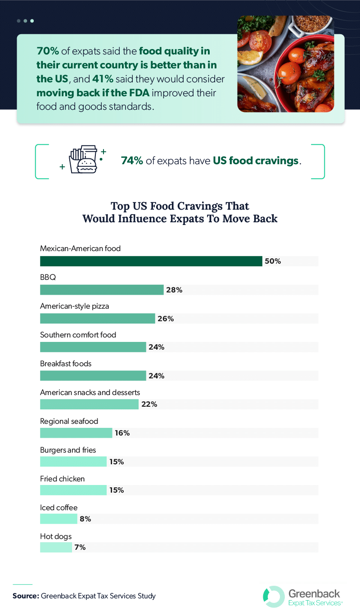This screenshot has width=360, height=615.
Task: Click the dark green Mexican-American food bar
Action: pyautogui.click(x=151, y=261)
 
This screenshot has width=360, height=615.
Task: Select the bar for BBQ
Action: pyautogui.click(x=102, y=290)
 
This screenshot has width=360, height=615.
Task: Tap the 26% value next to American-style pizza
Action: pyautogui.click(x=165, y=319)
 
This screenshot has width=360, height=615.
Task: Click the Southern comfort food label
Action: pyautogui.click(x=78, y=335)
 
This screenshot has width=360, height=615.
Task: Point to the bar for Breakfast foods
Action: pyautogui.click(x=93, y=376)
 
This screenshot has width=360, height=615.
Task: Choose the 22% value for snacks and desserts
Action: pyautogui.click(x=149, y=404)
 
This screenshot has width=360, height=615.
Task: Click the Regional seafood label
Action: pyautogui.click(x=69, y=421)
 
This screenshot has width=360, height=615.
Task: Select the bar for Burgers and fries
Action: pyautogui.click(x=73, y=462)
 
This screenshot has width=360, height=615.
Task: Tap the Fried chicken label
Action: pyautogui.click(x=62, y=479)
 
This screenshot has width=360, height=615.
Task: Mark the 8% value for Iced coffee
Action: pyautogui.click(x=85, y=519)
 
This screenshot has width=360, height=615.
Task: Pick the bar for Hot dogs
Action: pyautogui.click(x=56, y=548)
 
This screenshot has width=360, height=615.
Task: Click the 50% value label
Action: pyautogui.click(x=273, y=261)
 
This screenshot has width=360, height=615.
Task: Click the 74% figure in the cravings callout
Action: pyautogui.click(x=132, y=161)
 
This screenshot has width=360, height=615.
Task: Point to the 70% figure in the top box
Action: pyautogui.click(x=46, y=51)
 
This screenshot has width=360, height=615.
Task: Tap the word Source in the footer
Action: pyautogui.click(x=25, y=596)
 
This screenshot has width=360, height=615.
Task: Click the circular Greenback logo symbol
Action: pyautogui.click(x=274, y=596)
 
